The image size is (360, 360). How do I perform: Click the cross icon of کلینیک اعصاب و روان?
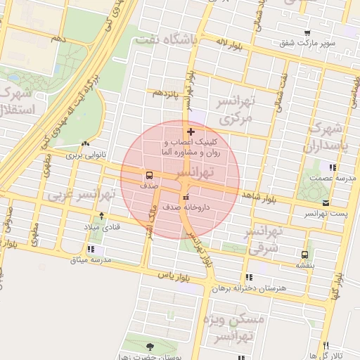(191, 132)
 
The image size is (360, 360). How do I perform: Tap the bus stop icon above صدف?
(149, 175)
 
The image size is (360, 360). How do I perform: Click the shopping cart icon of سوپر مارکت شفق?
(307, 33)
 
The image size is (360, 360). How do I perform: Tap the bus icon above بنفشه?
(304, 255)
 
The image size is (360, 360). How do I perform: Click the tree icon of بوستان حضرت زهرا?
(149, 345)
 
